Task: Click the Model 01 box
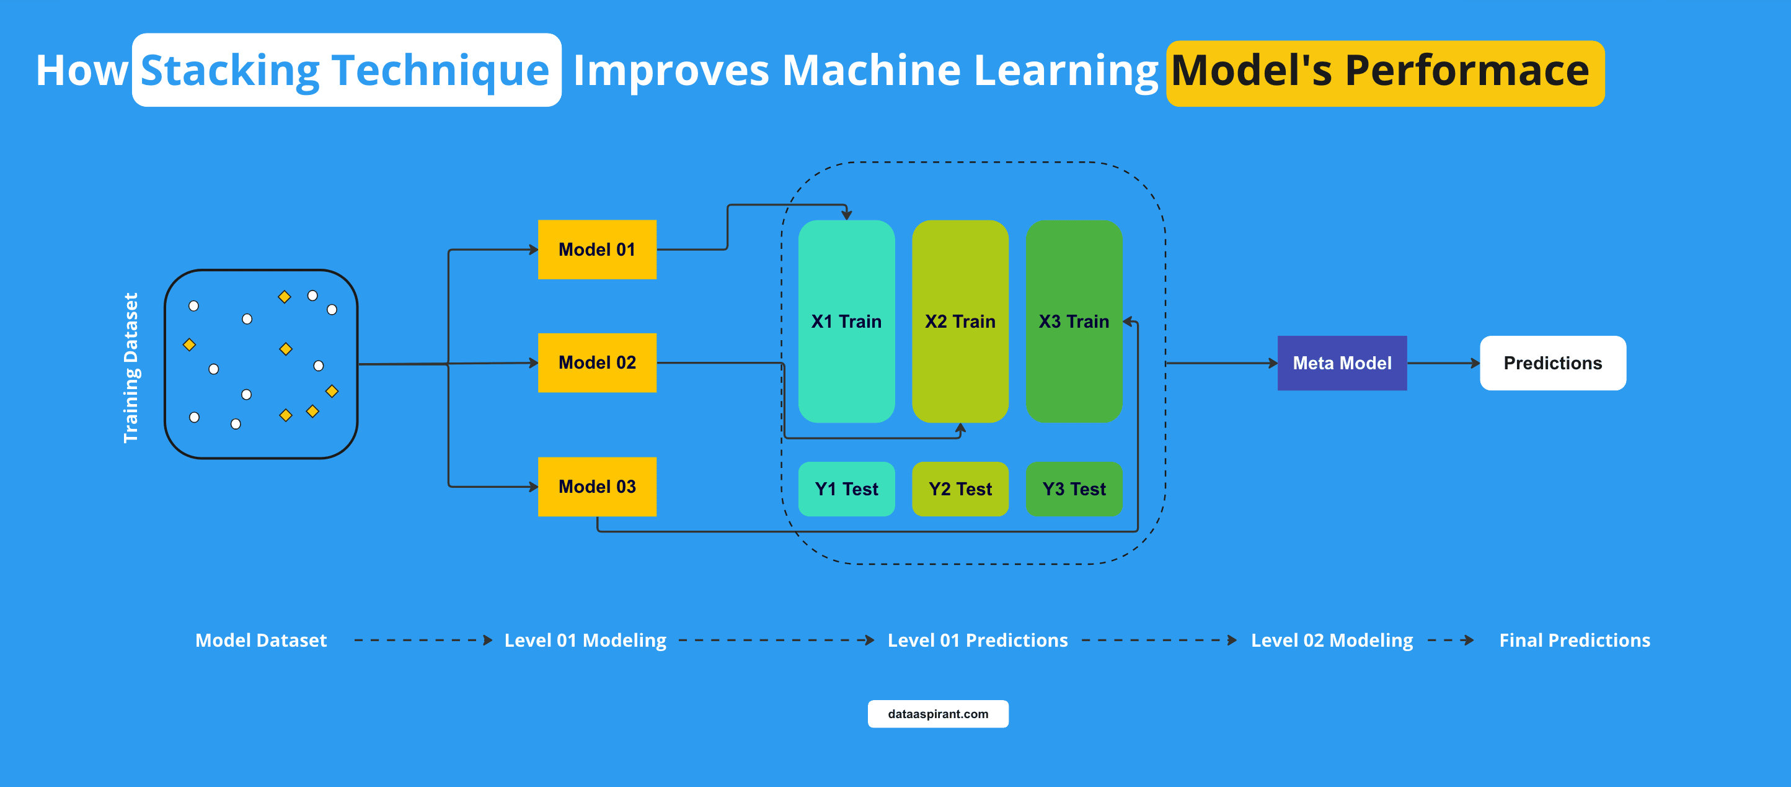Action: point(596,249)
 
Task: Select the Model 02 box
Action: point(596,362)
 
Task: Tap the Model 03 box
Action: point(596,487)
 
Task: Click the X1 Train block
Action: point(846,321)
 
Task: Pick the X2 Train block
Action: point(960,321)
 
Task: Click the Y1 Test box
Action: point(846,488)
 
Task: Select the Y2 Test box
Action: point(960,488)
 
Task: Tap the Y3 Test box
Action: point(1074,488)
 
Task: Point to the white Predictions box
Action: point(1552,362)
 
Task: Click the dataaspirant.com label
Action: point(937,713)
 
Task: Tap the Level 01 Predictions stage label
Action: point(977,639)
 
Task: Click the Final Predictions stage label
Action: point(1574,639)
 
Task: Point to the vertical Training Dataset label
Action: point(130,367)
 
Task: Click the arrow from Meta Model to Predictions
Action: point(1443,362)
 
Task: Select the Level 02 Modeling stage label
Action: point(1332,639)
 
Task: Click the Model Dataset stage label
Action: point(261,639)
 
